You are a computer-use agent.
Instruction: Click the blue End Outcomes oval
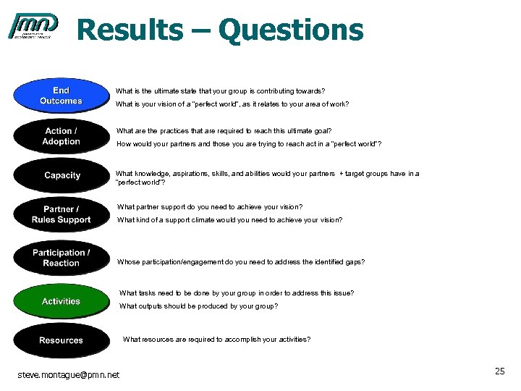[61, 96]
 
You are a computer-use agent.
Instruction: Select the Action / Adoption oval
[61, 136]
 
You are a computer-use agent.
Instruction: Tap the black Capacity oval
[62, 175]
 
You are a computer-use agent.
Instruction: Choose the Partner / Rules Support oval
[61, 215]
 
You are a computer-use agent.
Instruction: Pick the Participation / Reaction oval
[61, 258]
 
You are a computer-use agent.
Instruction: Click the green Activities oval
[61, 301]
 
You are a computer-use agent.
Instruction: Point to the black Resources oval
[61, 340]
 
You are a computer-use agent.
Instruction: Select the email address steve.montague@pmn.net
[69, 374]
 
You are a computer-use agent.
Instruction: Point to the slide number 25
[499, 371]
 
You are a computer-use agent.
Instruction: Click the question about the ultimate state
[220, 91]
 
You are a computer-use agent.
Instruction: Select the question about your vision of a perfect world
[232, 104]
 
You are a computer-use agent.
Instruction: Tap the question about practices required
[224, 131]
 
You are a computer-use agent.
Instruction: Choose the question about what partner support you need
[209, 207]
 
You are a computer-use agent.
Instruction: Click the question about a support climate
[229, 220]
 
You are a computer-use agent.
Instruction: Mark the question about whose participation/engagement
[241, 262]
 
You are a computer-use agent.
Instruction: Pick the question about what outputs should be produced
[198, 306]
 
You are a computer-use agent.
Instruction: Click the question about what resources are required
[216, 339]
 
